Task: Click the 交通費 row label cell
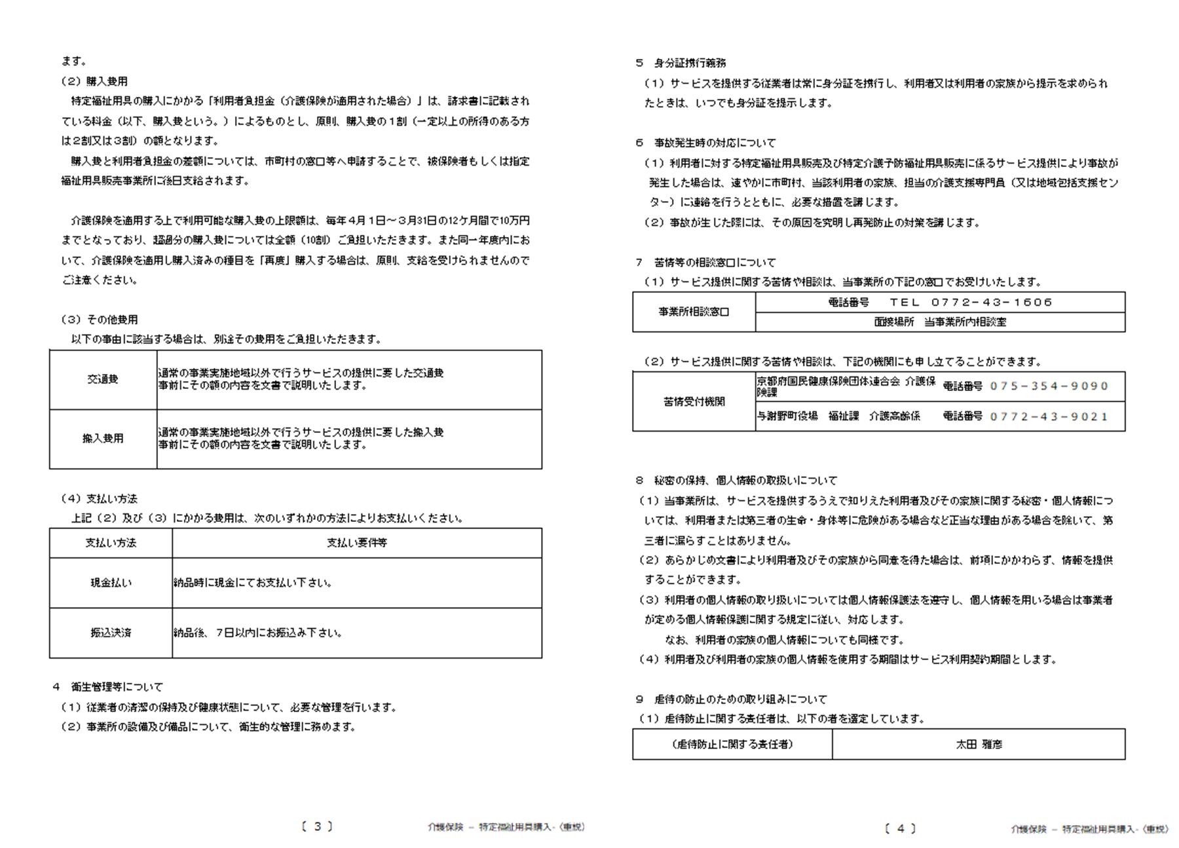pyautogui.click(x=103, y=379)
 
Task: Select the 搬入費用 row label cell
pyautogui.click(x=103, y=439)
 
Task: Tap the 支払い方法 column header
pyautogui.click(x=111, y=543)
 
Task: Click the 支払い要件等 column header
pyautogui.click(x=356, y=543)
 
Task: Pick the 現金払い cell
pyautogui.click(x=111, y=583)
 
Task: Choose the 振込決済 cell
pyautogui.click(x=111, y=633)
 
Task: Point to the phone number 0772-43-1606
pyautogui.click(x=992, y=302)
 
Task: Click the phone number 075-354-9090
pyautogui.click(x=1049, y=386)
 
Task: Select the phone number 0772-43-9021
pyautogui.click(x=1049, y=416)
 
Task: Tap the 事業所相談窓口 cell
pyautogui.click(x=694, y=312)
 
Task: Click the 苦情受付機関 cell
pyautogui.click(x=694, y=401)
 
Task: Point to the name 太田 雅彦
pyautogui.click(x=979, y=745)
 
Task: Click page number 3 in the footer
pyautogui.click(x=317, y=826)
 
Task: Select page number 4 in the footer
pyautogui.click(x=900, y=828)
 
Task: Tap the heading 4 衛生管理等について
pyautogui.click(x=108, y=687)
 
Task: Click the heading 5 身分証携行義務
pyautogui.click(x=681, y=63)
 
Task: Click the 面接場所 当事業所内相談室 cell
pyautogui.click(x=940, y=322)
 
